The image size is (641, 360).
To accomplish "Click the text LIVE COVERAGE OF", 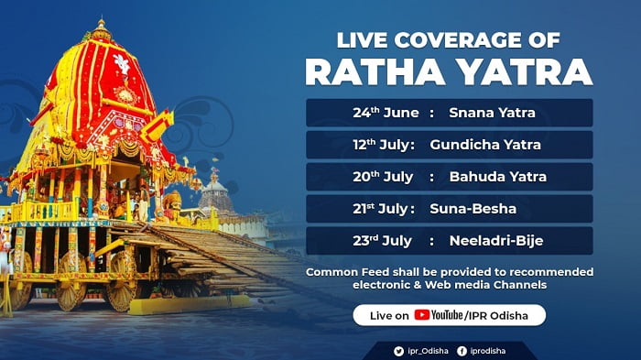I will [450, 40].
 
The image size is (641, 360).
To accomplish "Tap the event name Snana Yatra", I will [492, 113].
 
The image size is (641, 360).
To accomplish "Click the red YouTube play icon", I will [421, 315].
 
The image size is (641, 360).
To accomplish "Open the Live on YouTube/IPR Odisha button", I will [449, 315].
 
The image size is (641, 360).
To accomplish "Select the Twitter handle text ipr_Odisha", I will [425, 349].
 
